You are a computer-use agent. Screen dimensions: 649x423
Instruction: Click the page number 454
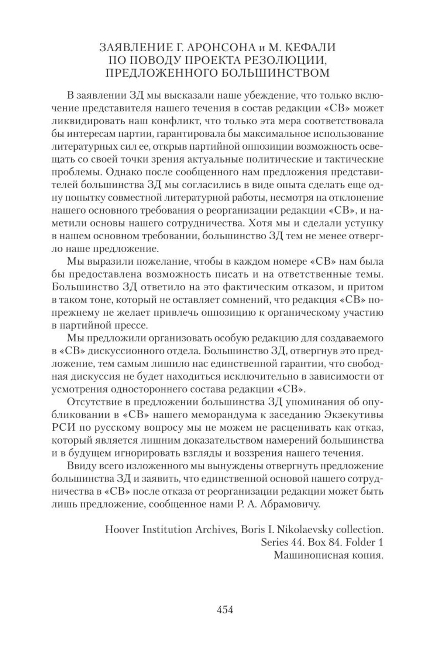coord(225,610)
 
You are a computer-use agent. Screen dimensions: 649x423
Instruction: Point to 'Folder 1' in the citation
coord(364,542)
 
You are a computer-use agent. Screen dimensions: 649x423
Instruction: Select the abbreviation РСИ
coord(62,427)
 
